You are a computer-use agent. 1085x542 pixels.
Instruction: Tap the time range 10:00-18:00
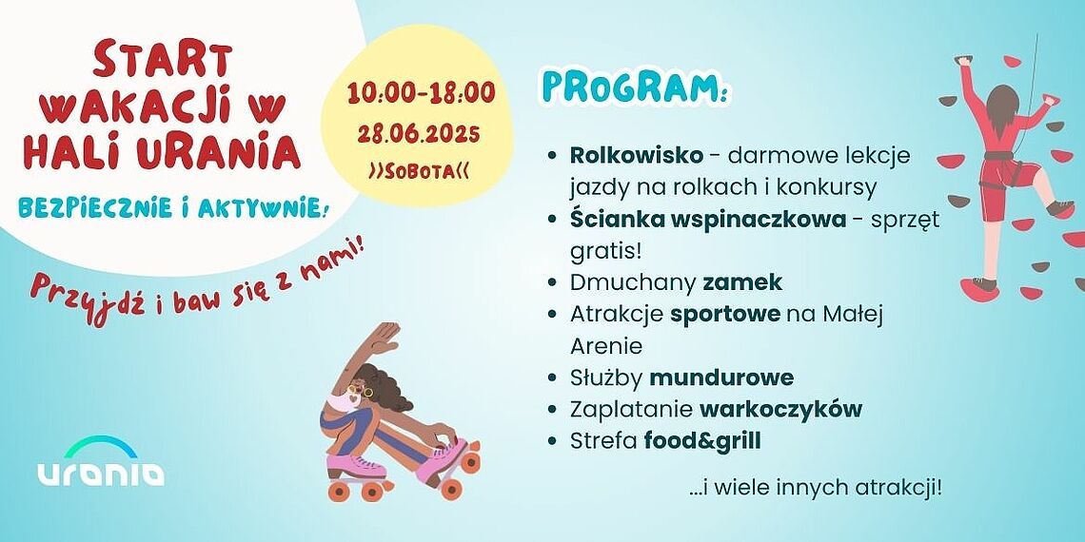pos(422,92)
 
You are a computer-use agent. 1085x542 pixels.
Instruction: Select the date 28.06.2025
pos(419,133)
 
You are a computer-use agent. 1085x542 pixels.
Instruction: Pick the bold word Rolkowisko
pos(636,156)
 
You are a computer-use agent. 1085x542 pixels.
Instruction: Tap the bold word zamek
pos(742,282)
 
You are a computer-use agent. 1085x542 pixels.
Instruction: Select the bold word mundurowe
pos(721,378)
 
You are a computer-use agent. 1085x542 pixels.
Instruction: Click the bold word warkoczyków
pos(780,409)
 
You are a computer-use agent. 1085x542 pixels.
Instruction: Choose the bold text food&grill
pos(702,441)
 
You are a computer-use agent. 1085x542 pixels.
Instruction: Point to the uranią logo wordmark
pos(101,473)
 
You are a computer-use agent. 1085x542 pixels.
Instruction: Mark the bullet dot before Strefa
pos(552,441)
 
